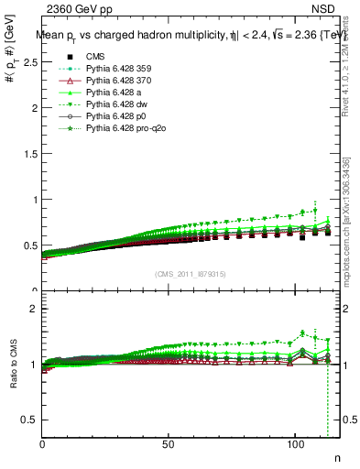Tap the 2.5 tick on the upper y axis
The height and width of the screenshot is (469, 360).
point(33,62)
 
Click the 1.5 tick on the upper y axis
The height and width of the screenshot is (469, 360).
point(33,154)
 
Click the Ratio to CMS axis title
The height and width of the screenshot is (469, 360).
point(12,366)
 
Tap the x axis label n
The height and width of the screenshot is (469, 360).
point(335,457)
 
